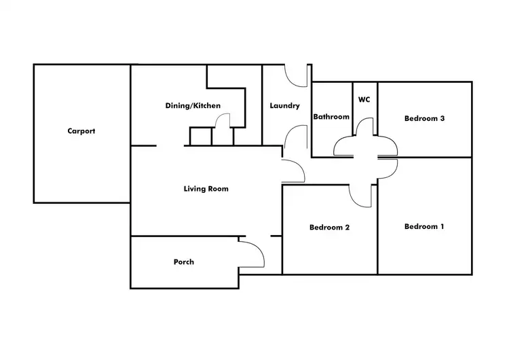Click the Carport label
(x=81, y=131)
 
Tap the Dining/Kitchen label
(x=193, y=105)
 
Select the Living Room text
(x=206, y=189)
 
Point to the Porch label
(x=184, y=262)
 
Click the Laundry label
(x=284, y=105)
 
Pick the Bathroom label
(x=331, y=117)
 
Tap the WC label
(x=364, y=99)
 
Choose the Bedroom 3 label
(x=424, y=118)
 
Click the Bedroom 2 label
(x=329, y=228)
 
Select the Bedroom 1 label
(x=424, y=226)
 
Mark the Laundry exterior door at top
(x=291, y=82)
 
